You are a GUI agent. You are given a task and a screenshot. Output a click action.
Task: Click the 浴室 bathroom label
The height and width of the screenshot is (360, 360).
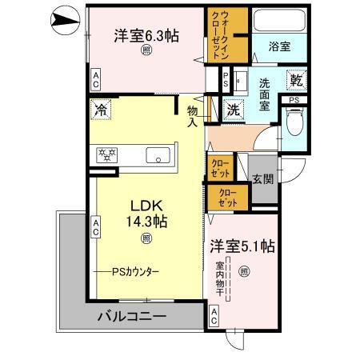pos(280,47)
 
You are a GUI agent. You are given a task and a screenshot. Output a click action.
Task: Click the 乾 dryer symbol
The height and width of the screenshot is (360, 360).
pos(296,81)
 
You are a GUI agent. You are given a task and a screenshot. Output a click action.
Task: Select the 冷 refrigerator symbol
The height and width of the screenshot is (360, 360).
pos(102,109)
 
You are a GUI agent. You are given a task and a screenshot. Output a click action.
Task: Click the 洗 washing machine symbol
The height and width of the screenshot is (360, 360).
pos(233,110)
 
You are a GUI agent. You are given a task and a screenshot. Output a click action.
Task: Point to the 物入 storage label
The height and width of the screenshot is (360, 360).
pos(193,116)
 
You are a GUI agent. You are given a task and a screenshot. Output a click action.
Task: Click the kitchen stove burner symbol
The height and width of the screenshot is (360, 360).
pos(107,155)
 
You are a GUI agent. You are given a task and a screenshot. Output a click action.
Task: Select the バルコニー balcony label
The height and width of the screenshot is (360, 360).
pos(131,317)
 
